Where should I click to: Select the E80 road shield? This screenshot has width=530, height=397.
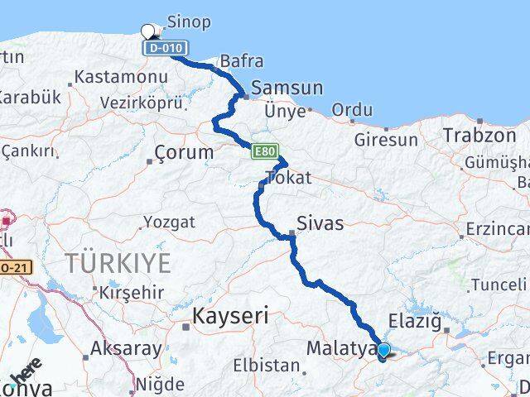point(264,151)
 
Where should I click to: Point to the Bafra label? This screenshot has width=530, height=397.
point(242,61)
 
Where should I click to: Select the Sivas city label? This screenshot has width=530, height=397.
point(320,222)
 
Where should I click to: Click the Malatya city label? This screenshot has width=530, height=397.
point(342,349)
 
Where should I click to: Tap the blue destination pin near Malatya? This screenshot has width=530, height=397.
point(383,351)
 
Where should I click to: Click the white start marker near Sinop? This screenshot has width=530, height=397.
point(148,31)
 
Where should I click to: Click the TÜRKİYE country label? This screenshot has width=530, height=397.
point(119,264)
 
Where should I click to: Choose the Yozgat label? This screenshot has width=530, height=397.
point(169,222)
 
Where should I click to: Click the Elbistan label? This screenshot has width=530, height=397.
point(266,365)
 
